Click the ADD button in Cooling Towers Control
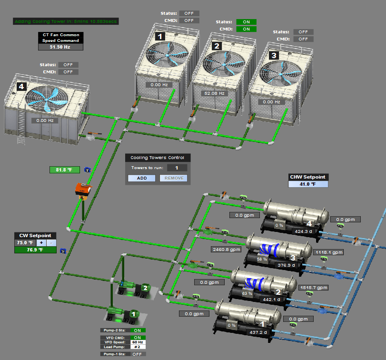click(x=141, y=178)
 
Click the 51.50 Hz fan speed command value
click(x=60, y=47)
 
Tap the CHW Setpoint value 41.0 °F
click(x=308, y=184)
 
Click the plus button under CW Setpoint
click(x=41, y=243)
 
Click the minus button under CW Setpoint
click(x=51, y=243)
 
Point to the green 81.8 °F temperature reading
click(x=65, y=170)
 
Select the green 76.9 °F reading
click(x=35, y=250)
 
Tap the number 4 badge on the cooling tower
click(x=21, y=87)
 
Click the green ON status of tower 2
click(x=246, y=22)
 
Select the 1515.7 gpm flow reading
click(x=314, y=288)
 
